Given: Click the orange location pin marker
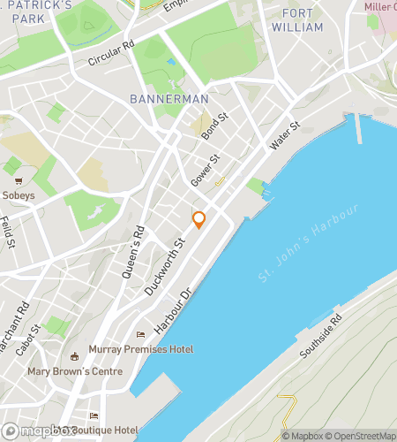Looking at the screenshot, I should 199,219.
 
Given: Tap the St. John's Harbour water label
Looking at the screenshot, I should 309,243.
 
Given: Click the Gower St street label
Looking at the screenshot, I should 205,171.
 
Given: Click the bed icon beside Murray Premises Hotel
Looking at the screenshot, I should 140,335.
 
